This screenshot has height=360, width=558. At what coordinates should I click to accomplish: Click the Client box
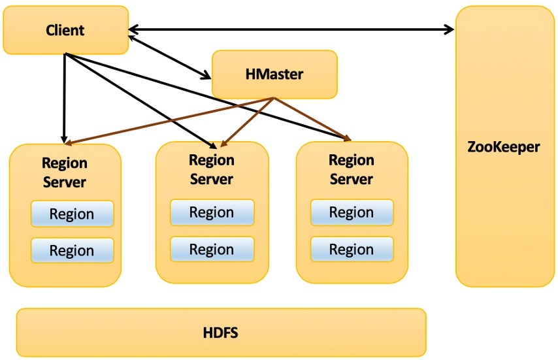(65, 30)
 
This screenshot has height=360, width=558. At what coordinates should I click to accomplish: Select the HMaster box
(274, 74)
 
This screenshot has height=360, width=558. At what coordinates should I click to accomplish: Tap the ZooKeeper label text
(504, 146)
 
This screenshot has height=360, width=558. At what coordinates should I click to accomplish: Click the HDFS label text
(220, 333)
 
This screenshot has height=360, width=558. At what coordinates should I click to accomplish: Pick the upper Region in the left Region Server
(72, 214)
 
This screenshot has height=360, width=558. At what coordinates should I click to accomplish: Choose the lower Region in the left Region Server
(72, 251)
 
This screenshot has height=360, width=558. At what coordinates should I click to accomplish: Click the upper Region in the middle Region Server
(212, 212)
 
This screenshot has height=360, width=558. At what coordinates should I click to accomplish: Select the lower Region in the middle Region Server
(212, 250)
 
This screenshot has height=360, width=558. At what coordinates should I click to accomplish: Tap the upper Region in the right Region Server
(352, 212)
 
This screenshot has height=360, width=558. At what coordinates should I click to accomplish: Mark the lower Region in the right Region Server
(352, 250)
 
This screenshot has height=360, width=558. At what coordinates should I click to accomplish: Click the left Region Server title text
(65, 172)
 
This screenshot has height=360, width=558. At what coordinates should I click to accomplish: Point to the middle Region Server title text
(212, 169)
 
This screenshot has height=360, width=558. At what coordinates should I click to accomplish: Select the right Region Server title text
(352, 169)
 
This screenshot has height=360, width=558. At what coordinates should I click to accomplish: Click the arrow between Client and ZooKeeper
(291, 29)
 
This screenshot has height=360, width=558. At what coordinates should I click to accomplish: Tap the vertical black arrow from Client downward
(64, 98)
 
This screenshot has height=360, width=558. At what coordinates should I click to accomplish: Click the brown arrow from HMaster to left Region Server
(170, 121)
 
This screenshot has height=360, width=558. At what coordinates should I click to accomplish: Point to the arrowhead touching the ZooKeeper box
(450, 29)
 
